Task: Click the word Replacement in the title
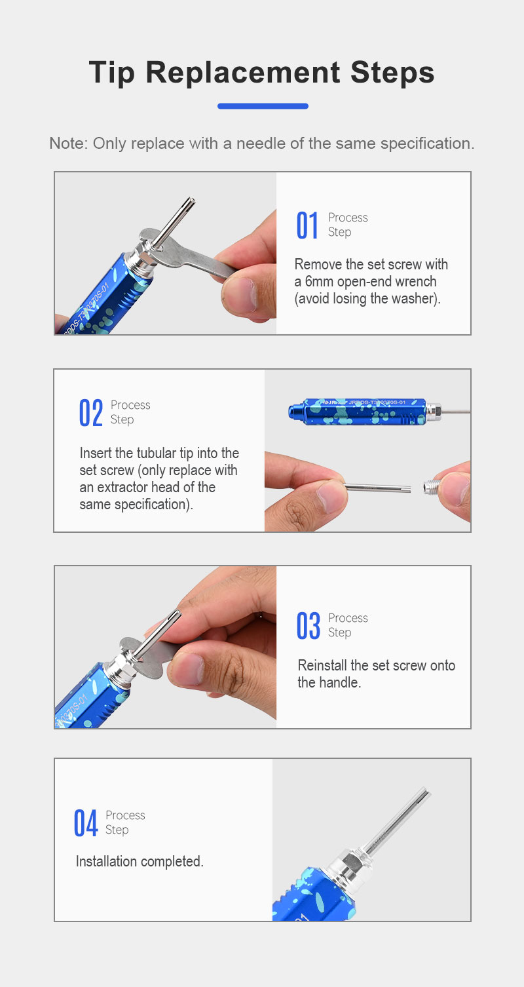242,73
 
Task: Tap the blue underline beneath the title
263,106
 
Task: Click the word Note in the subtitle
69,144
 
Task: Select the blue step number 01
307,225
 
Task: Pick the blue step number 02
90,413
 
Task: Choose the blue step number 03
309,626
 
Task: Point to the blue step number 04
86,822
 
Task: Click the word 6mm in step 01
319,282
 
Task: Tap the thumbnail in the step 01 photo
240,293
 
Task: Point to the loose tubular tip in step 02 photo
378,488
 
